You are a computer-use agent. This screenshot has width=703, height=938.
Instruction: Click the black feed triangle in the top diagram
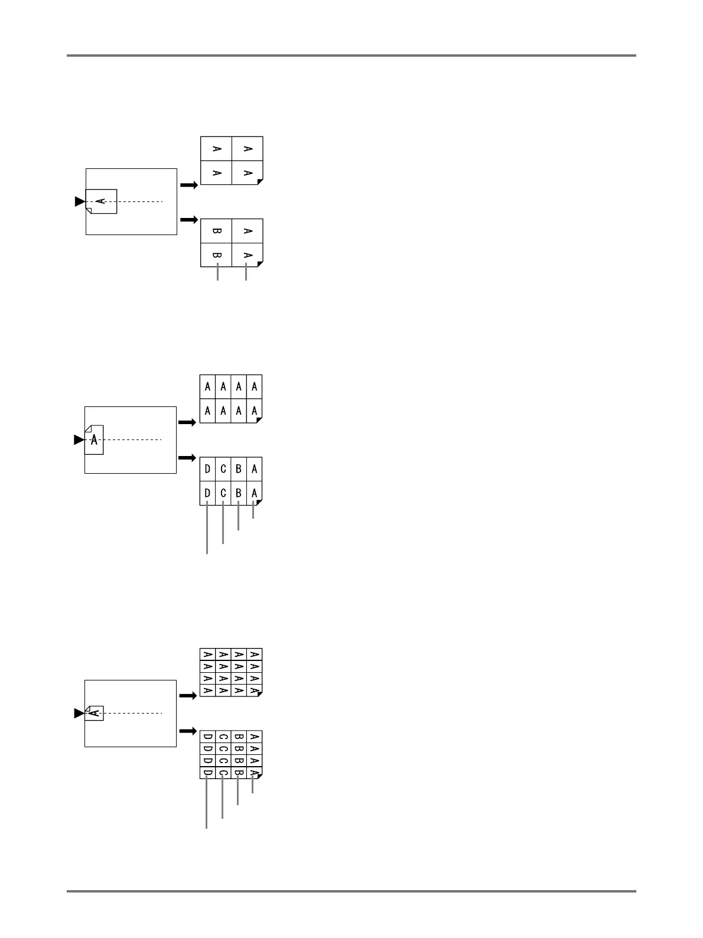coord(80,202)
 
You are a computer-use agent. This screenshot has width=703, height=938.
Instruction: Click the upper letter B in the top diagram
coord(217,232)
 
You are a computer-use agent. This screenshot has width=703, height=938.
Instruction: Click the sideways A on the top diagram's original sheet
coord(101,201)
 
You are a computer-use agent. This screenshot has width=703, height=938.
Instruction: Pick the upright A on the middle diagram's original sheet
coord(94,439)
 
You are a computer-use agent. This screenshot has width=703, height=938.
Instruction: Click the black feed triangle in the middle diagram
coord(79,440)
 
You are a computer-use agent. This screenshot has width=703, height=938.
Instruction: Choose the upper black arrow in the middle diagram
coord(187,423)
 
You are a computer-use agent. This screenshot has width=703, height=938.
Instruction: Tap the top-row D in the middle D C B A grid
coord(207,470)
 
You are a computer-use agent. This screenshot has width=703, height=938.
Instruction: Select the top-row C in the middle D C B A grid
coord(223,470)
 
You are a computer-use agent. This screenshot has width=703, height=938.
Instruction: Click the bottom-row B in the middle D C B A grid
coord(239,493)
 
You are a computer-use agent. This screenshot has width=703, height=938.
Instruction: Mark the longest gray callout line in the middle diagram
coord(207,529)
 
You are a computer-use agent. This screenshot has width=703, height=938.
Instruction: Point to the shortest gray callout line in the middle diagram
coord(253,510)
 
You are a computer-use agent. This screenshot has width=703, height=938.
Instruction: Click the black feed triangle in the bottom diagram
coord(79,714)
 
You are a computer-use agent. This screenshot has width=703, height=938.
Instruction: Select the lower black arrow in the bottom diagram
coord(187,731)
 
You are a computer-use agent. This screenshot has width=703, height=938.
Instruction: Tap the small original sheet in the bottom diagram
coord(95,713)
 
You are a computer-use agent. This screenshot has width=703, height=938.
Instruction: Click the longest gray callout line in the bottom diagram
coord(207,804)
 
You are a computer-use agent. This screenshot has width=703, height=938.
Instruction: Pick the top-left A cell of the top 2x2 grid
coord(216,149)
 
